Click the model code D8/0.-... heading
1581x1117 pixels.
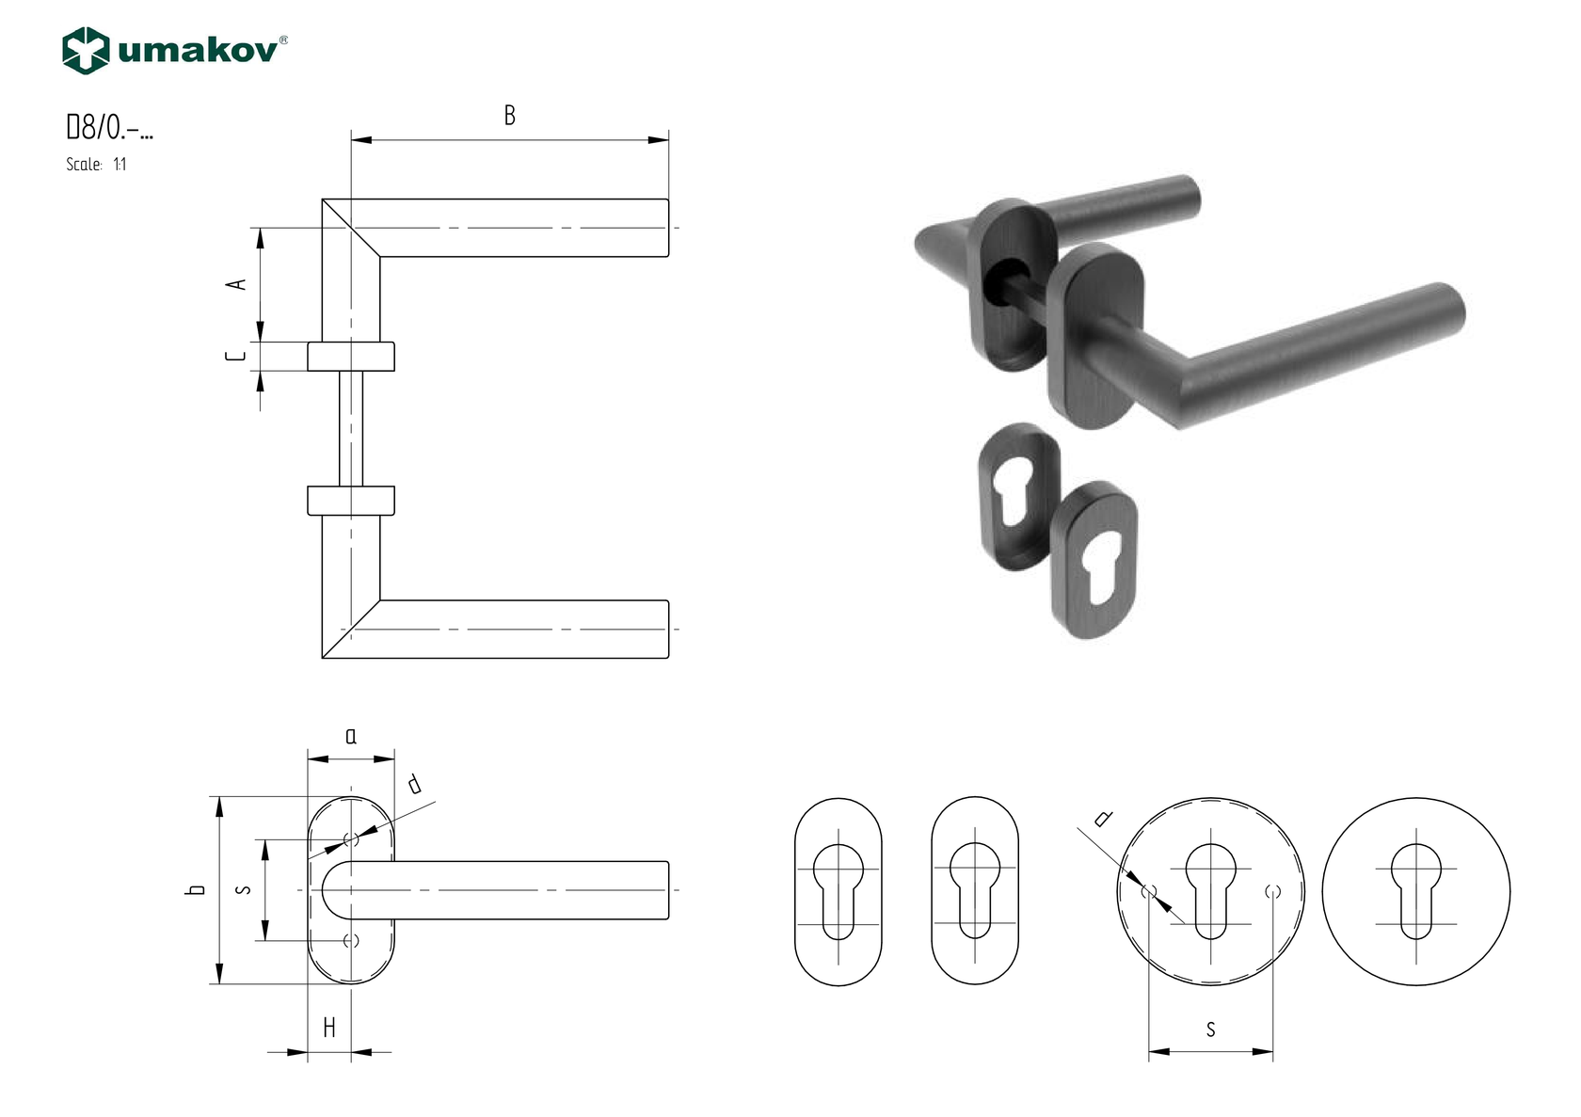click(109, 127)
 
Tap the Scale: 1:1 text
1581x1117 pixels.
click(96, 165)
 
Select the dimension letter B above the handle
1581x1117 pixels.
click(509, 116)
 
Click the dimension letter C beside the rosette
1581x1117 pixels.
click(237, 357)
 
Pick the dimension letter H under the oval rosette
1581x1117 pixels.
click(329, 1028)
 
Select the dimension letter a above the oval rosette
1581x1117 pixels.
click(351, 736)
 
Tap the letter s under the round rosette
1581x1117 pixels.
click(1210, 1029)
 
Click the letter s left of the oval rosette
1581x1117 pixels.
click(245, 888)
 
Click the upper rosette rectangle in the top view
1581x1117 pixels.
click(351, 357)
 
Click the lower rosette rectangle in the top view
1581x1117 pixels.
click(351, 501)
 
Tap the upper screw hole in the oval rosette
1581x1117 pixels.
click(351, 839)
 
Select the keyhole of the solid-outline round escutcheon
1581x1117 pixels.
click(1415, 889)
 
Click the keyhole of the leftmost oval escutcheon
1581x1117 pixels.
click(838, 889)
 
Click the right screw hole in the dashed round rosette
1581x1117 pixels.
click(1273, 890)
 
